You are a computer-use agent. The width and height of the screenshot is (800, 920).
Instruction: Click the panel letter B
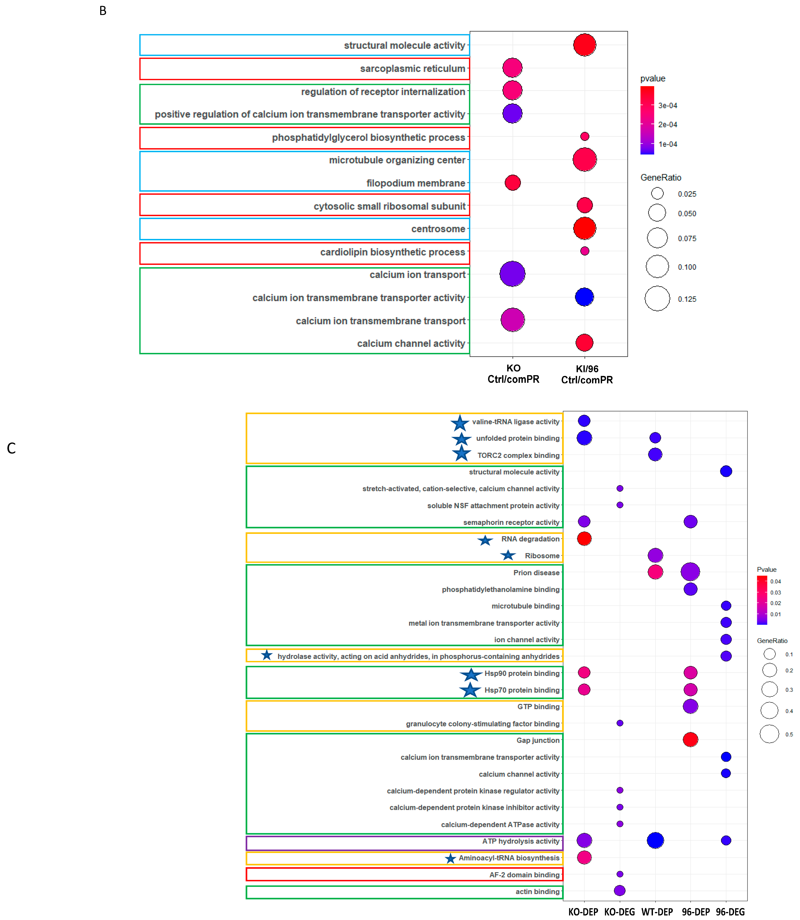103,11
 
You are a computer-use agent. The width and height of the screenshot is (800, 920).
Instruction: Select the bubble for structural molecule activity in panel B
584,45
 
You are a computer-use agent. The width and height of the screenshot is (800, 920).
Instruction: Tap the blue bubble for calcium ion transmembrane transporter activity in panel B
584,297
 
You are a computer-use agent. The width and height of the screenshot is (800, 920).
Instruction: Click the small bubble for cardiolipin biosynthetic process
584,251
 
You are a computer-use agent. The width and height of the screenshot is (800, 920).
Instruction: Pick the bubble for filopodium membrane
513,183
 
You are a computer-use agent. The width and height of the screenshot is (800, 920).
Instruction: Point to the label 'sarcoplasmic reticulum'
413,69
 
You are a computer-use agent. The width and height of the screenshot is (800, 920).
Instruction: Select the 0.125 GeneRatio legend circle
657,299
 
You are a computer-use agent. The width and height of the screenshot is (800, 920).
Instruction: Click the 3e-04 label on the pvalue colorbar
667,106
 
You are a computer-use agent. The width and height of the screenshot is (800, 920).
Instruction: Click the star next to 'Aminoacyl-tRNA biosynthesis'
450,858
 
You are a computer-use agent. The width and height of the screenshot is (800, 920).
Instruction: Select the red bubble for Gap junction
690,740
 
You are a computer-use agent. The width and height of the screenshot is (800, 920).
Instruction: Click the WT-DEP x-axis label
657,912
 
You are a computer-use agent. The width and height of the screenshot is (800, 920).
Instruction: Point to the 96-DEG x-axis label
730,912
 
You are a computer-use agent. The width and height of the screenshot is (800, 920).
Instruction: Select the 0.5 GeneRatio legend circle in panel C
769,734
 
